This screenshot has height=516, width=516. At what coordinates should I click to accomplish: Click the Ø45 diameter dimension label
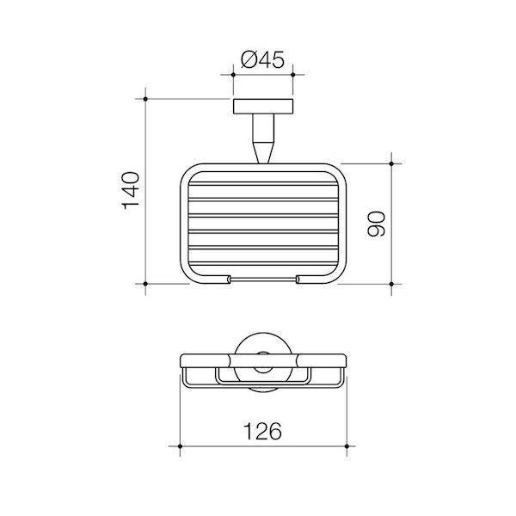tap(262, 61)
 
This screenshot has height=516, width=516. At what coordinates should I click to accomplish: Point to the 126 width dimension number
tap(263, 432)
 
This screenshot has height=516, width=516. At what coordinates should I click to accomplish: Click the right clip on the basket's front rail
tap(298, 279)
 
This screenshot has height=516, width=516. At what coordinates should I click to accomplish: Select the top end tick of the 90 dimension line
tap(393, 162)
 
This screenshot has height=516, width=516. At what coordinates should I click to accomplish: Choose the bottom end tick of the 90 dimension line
tap(393, 283)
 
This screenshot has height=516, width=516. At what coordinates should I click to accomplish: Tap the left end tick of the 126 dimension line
tap(181, 448)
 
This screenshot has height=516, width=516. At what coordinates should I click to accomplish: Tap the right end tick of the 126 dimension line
tap(345, 448)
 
